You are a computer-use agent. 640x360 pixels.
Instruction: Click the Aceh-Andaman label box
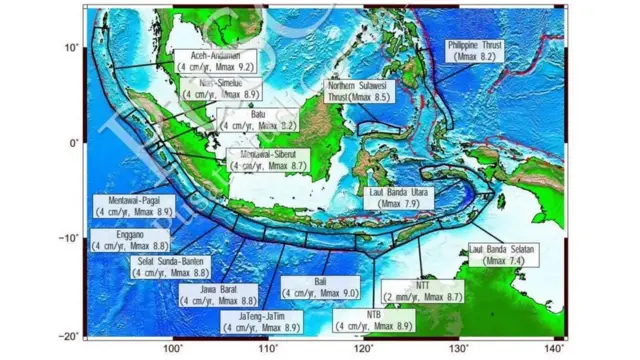[214, 61]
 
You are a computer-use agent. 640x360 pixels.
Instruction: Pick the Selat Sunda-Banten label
[172, 267]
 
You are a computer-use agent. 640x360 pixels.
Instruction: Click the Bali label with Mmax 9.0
[320, 288]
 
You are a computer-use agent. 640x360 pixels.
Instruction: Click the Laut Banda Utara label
[398, 197]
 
